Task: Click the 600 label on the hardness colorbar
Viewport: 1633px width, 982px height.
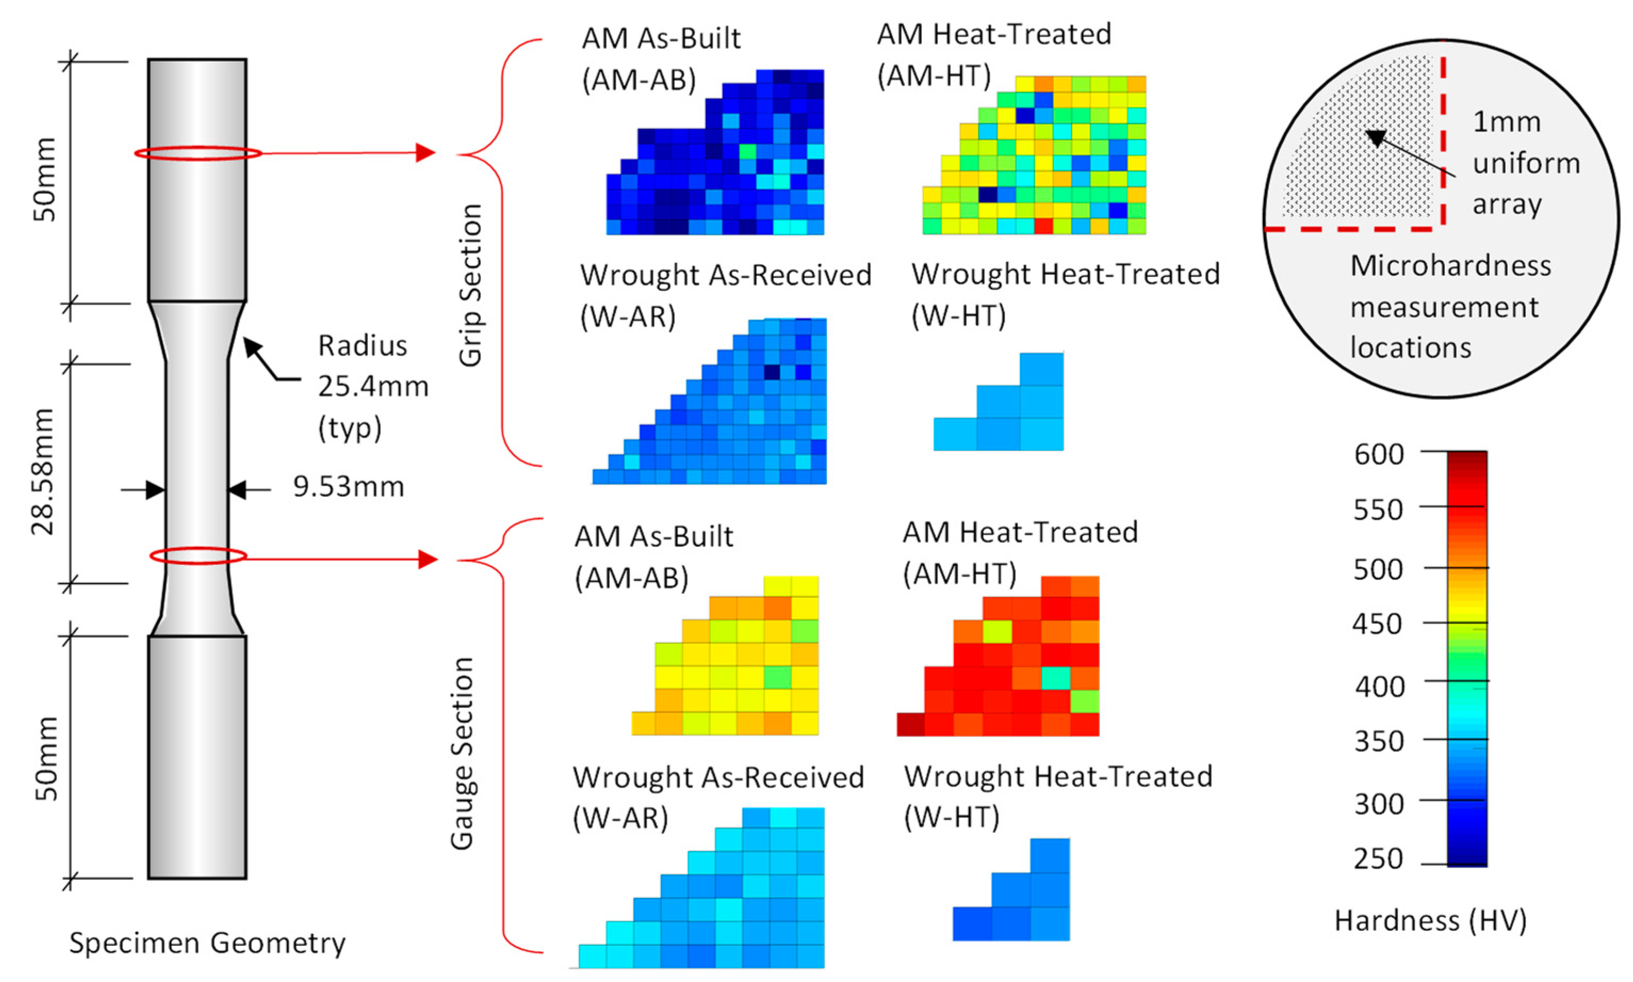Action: [1378, 455]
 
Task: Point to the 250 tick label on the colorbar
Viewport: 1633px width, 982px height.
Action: [1378, 859]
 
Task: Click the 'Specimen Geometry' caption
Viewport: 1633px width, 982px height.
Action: [207, 943]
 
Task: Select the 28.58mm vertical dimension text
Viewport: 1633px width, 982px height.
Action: [43, 471]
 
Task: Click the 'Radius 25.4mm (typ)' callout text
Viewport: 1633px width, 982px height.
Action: [372, 387]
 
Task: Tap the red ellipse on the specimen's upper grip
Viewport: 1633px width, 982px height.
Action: [198, 153]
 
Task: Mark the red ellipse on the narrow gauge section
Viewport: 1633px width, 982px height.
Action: [198, 556]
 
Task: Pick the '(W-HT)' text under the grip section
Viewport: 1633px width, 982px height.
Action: [958, 316]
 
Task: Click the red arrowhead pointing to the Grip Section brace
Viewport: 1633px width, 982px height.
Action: [425, 153]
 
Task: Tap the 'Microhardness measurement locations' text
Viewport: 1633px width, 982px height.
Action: [1449, 306]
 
